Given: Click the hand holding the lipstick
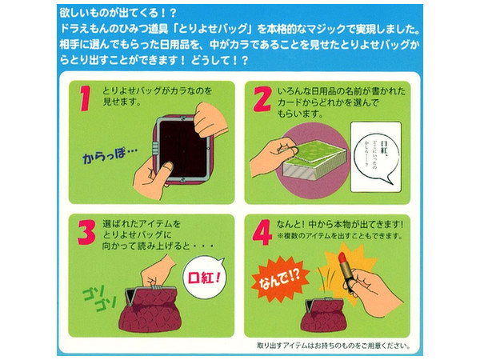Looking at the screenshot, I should click(x=376, y=284).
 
